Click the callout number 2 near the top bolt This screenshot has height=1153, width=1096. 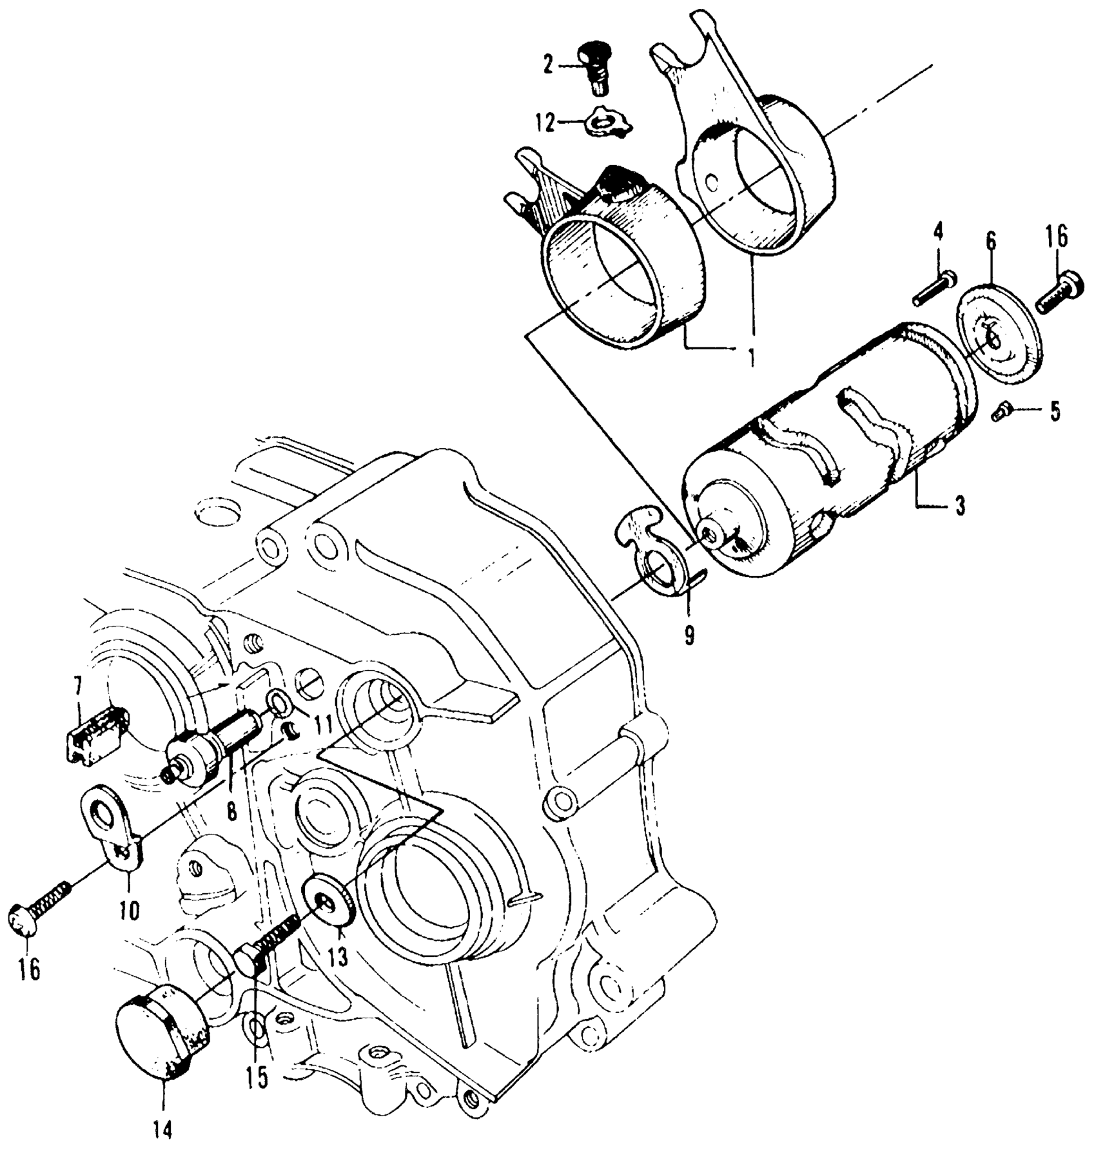[x=548, y=65]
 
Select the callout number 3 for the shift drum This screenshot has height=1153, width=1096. [x=960, y=506]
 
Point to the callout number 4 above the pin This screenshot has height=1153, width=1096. [x=938, y=230]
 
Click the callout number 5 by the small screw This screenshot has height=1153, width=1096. [x=1055, y=411]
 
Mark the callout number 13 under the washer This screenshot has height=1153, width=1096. [x=338, y=956]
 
